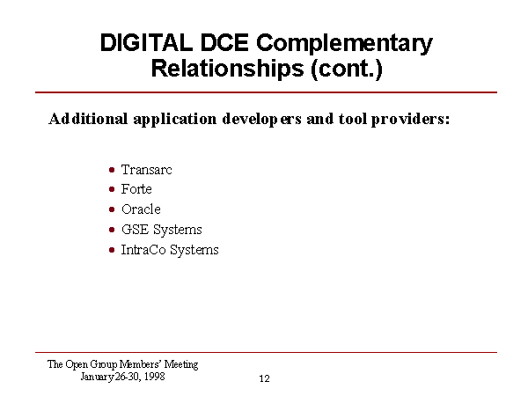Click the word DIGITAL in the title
[x=146, y=42]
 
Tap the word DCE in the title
[x=224, y=42]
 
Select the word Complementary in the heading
[x=344, y=45]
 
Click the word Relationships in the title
[x=228, y=69]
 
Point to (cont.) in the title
[x=347, y=69]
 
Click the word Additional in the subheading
[x=88, y=119]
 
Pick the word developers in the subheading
[x=261, y=120]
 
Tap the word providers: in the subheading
[x=410, y=120]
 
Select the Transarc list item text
[x=146, y=169]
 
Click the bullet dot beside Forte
[x=112, y=189]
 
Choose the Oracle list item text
[x=141, y=209]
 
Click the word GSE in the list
[x=135, y=230]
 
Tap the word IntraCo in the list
[x=143, y=250]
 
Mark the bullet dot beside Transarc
[x=112, y=170]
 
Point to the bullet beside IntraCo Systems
[x=112, y=250]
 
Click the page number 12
[x=264, y=378]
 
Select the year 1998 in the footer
[x=155, y=376]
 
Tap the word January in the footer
[x=97, y=377]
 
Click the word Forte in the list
[x=136, y=189]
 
